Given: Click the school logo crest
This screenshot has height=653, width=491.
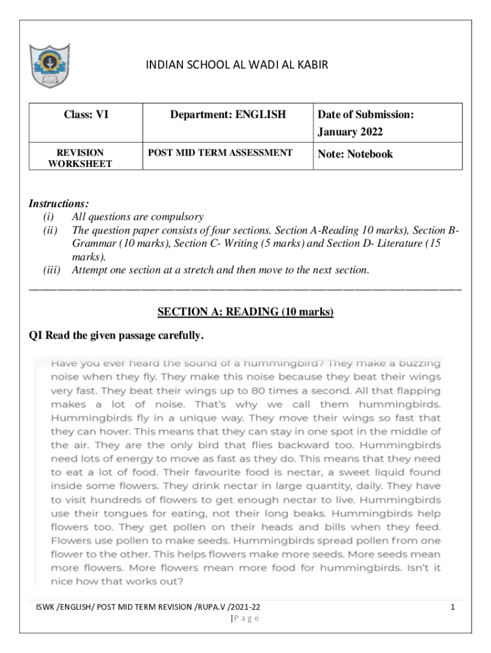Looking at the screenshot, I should pyautogui.click(x=49, y=66).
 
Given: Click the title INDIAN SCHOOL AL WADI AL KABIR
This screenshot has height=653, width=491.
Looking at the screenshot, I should pyautogui.click(x=237, y=65).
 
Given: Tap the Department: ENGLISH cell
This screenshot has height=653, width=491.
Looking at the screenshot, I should pyautogui.click(x=228, y=115).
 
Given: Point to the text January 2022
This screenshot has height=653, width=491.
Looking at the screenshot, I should pyautogui.click(x=350, y=133).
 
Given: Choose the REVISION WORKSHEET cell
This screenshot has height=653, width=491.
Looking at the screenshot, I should pyautogui.click(x=80, y=158).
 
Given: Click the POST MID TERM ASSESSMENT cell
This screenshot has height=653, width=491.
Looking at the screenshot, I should pyautogui.click(x=220, y=152).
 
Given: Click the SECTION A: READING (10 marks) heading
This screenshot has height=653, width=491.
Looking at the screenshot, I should pyautogui.click(x=246, y=312).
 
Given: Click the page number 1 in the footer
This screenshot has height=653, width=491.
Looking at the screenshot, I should pyautogui.click(x=451, y=608).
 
